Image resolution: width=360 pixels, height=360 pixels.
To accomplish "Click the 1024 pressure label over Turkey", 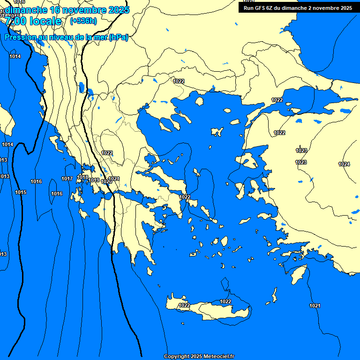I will pos(344,164).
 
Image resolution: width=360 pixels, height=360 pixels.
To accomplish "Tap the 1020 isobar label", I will pos(106,182).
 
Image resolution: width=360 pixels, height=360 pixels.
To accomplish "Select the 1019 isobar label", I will pos(94,180).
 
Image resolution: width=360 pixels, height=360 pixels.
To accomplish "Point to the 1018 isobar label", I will pos(82,177).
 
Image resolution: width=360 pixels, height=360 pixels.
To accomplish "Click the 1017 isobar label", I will pos(67,179).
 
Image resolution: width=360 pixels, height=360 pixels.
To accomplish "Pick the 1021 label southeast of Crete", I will pos(315,306).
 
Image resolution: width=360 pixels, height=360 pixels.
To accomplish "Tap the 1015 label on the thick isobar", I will pos(21,192).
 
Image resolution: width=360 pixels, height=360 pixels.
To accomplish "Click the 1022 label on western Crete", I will pos(184,306).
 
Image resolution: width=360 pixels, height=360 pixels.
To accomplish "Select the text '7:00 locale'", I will pos(33,21).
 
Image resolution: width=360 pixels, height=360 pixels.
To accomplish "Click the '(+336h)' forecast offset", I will pos(83,21).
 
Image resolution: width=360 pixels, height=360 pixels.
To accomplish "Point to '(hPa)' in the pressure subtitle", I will pos(118,37).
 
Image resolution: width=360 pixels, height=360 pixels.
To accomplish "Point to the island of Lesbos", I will pos(248,162).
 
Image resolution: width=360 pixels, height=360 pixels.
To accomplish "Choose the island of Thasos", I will pos(199,101).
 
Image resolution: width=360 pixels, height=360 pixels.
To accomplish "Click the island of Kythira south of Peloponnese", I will pos(150,272).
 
